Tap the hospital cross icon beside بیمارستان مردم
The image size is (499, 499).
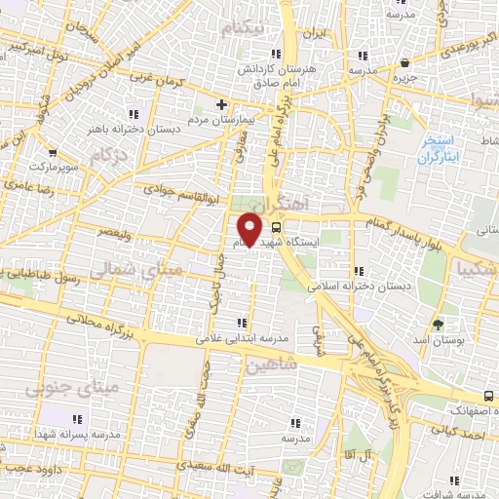tap(222, 104)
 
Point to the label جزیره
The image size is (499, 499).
tap(405, 75)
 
